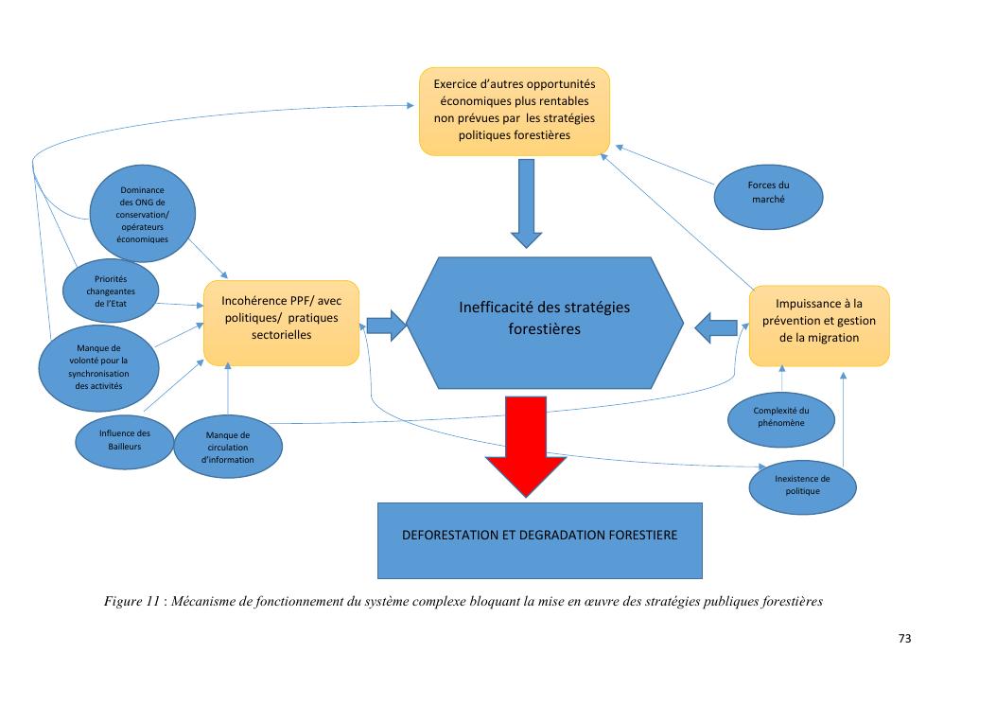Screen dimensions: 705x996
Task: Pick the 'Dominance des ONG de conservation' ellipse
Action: [x=144, y=216]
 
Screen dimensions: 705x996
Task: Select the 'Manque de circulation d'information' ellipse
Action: [x=228, y=448]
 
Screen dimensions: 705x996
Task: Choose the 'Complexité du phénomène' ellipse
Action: [x=780, y=416]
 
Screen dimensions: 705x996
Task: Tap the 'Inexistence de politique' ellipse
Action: [x=802, y=485]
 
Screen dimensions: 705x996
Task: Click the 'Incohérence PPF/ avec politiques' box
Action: [x=280, y=322]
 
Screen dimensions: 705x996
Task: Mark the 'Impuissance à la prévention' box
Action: [x=818, y=325]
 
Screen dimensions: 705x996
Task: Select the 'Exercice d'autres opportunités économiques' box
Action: [x=515, y=111]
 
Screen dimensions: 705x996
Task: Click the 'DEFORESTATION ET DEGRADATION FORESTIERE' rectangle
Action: [x=540, y=535]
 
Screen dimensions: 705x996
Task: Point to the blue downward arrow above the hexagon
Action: [x=526, y=203]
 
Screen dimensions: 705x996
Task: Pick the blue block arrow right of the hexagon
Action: [x=716, y=326]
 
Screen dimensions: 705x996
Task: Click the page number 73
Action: [x=904, y=640]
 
